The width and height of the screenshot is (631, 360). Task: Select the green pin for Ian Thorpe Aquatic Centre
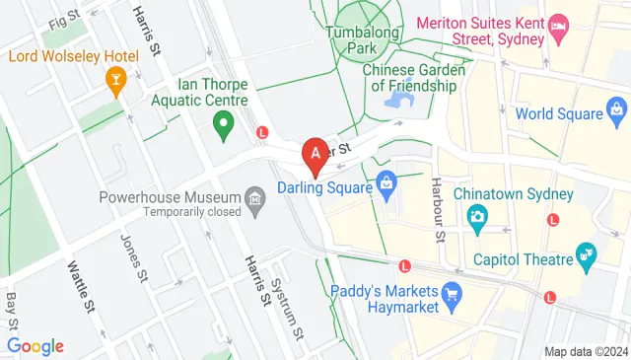pos(223,124)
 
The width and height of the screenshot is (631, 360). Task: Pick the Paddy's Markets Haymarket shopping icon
pos(453,292)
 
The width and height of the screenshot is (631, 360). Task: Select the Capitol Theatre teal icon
pos(588,258)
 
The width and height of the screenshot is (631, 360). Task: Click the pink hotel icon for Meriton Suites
pos(558,24)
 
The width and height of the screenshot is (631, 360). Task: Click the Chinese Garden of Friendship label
pos(409,78)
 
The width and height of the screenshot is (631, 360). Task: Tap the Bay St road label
pos(13,310)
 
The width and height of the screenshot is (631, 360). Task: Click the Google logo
pos(35,345)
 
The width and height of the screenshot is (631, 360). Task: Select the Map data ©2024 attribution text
pos(586,351)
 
